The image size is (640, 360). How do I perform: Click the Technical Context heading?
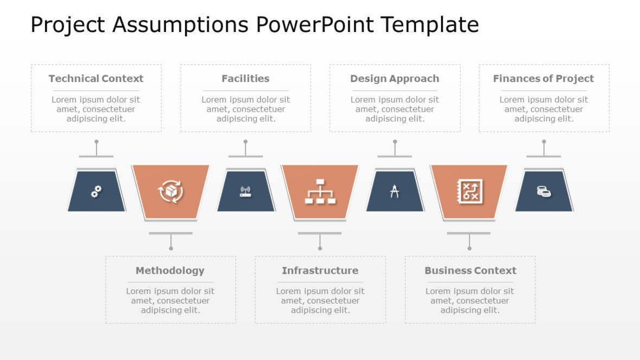click(x=96, y=79)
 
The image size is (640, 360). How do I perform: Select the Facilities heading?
click(x=245, y=79)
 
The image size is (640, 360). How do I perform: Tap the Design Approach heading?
click(x=394, y=79)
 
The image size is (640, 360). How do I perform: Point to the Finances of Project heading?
click(x=543, y=79)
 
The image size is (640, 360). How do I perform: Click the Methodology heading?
click(x=170, y=271)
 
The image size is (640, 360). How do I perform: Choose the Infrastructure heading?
click(x=320, y=271)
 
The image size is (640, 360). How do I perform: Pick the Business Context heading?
click(x=470, y=271)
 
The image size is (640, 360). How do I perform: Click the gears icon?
click(x=97, y=191)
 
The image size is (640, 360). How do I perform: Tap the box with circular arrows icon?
click(x=170, y=191)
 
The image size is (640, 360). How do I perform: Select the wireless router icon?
click(x=245, y=191)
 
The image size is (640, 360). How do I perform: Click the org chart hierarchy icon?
click(x=319, y=191)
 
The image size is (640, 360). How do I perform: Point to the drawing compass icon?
click(x=394, y=191)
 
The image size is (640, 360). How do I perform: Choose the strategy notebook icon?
click(x=469, y=191)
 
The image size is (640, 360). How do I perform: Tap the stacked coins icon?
click(x=544, y=191)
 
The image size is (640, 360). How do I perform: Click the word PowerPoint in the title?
click(x=316, y=25)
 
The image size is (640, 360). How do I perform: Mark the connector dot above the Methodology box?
click(x=171, y=248)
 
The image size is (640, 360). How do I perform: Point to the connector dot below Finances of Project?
click(x=544, y=142)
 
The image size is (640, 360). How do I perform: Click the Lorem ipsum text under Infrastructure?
click(x=320, y=301)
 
